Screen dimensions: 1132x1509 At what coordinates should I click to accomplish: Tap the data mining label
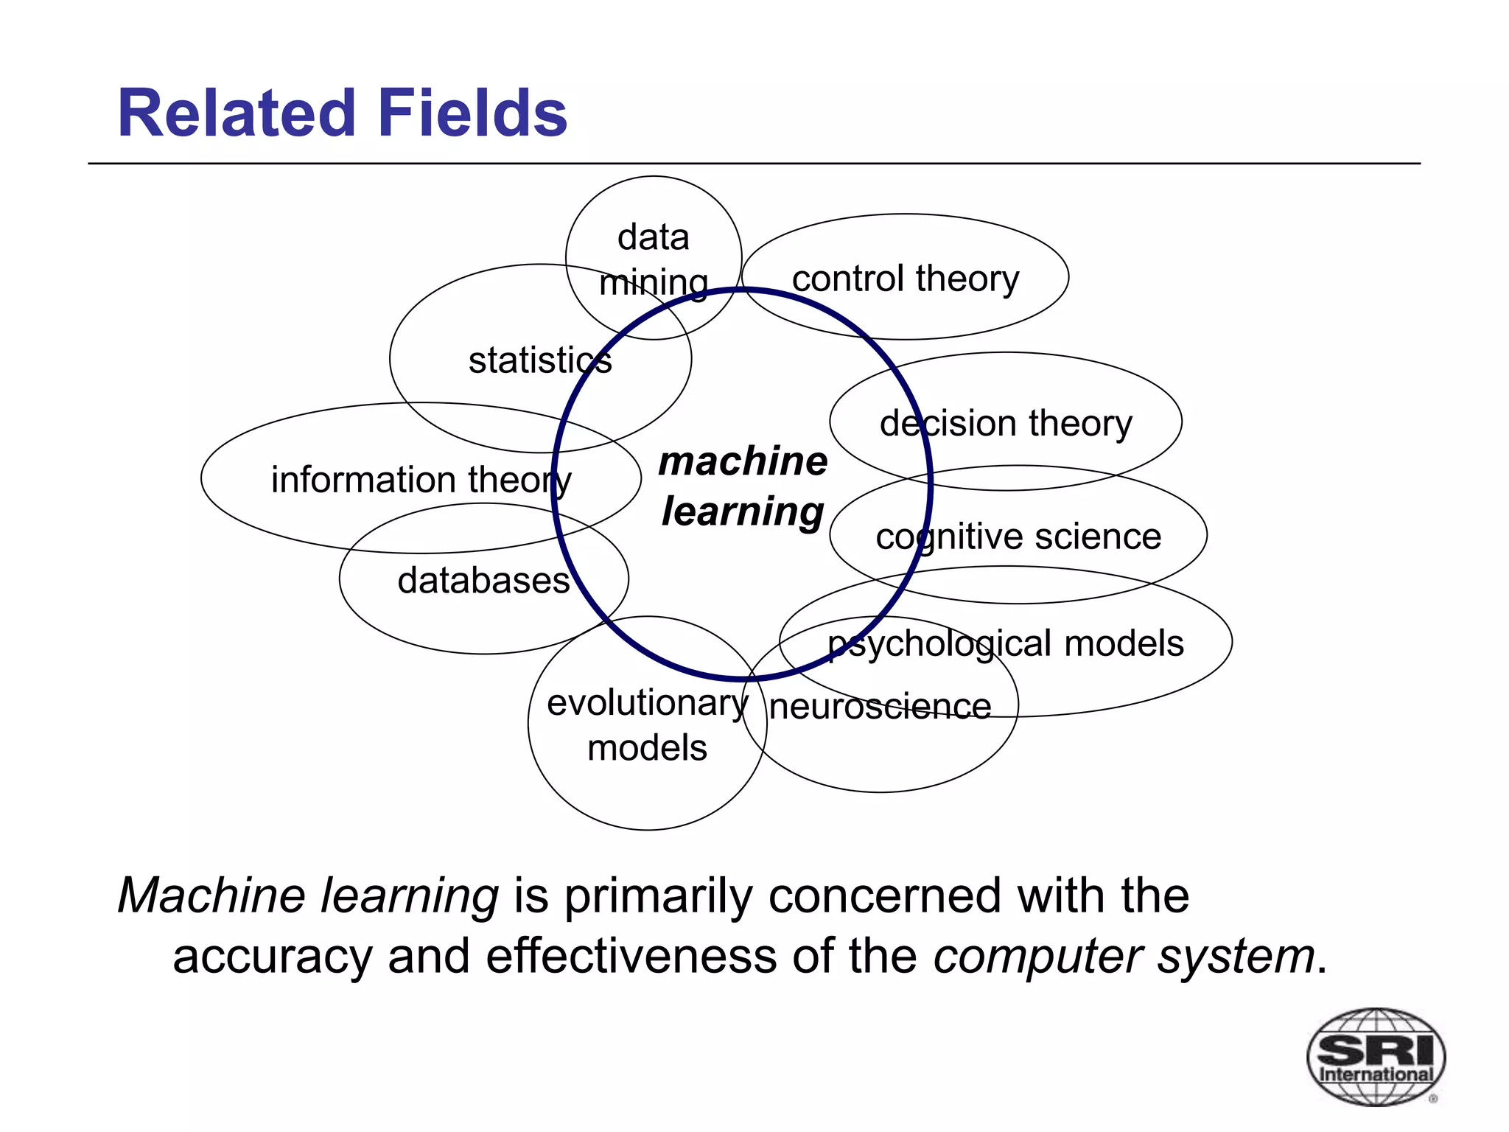[x=654, y=259]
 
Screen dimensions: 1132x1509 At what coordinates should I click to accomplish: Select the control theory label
[x=905, y=279]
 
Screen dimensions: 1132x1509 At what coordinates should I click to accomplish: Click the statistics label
[x=540, y=360]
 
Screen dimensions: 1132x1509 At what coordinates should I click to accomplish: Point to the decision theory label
[x=1006, y=423]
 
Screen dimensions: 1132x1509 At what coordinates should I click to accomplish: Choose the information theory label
[x=421, y=480]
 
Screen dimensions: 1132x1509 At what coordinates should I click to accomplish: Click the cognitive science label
[x=1018, y=537]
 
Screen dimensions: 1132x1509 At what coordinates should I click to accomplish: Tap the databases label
[x=483, y=581]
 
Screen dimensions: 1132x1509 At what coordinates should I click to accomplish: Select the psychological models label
[x=1006, y=643]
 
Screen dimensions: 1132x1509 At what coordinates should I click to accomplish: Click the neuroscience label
[x=880, y=707]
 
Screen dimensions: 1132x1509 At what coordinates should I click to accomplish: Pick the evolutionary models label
[x=647, y=725]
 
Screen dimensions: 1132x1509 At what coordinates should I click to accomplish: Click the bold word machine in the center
[x=743, y=461]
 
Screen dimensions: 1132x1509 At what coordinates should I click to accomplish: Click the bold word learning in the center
[x=743, y=511]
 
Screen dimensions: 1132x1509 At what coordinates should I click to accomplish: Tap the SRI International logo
[x=1375, y=1056]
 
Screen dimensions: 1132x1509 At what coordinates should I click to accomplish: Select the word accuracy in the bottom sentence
[x=272, y=957]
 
